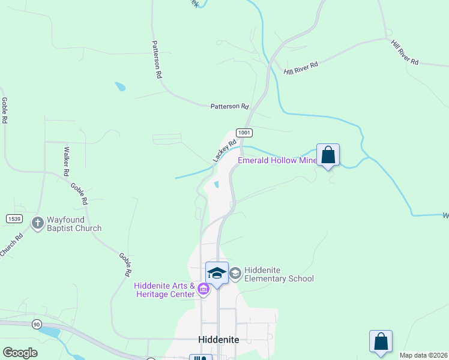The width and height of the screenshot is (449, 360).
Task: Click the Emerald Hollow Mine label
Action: [x=277, y=160]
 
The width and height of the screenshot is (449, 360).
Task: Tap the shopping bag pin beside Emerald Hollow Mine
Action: [x=328, y=155]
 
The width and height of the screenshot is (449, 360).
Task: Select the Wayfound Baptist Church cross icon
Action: [x=37, y=223]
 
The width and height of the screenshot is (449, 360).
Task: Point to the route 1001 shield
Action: [x=243, y=132]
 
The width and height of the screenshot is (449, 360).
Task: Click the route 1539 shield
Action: [x=14, y=219]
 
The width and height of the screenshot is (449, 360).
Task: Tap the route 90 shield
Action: [x=37, y=325]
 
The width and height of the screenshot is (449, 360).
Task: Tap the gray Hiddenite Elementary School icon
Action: [x=235, y=274]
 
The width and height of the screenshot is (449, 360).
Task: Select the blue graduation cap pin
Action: [x=217, y=273]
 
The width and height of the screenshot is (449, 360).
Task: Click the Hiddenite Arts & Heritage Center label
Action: [x=164, y=289]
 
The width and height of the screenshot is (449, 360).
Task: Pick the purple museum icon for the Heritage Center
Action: [x=203, y=291]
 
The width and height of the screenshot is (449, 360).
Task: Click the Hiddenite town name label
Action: [x=218, y=340]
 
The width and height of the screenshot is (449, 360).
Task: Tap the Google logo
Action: [x=20, y=352]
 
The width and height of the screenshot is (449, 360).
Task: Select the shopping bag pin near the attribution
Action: [x=381, y=342]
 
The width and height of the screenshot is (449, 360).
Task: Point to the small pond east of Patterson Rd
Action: [x=121, y=86]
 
